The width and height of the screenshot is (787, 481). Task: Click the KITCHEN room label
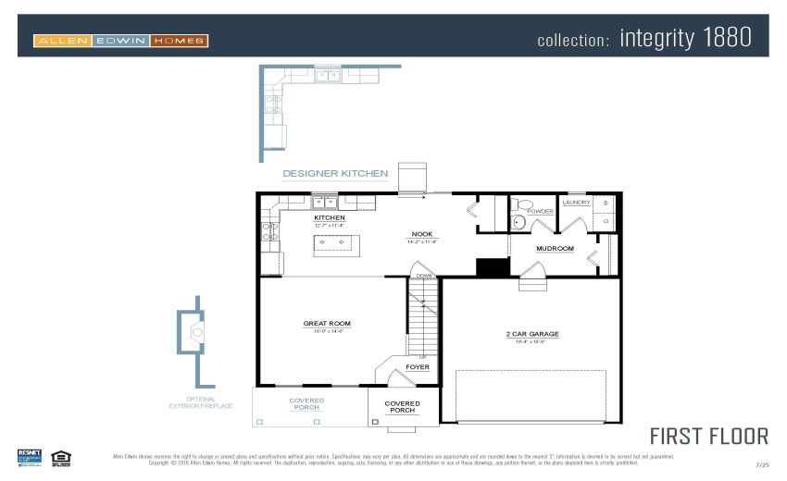coord(329,218)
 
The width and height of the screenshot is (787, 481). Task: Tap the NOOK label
coord(422,234)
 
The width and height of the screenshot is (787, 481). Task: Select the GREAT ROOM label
coord(327,324)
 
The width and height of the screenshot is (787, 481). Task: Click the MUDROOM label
coord(555,248)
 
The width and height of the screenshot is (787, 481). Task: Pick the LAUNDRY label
coord(576,202)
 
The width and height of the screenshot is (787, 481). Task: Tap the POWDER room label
coord(541,211)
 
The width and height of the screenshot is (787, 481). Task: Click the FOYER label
coord(418,367)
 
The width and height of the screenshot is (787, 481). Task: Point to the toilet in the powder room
coord(519,219)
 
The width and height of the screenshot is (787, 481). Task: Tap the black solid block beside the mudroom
coord(493,267)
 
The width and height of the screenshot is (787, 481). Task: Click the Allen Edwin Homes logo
coord(120,40)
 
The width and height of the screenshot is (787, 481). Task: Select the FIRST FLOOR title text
coord(708,436)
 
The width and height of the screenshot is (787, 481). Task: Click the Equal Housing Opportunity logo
coord(62,457)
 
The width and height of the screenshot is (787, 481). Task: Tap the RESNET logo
coord(30,457)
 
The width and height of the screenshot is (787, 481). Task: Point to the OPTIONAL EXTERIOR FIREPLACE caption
coord(201,402)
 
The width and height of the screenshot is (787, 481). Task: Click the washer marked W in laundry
coord(606,203)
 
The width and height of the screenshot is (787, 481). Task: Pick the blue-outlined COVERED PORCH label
coord(306,404)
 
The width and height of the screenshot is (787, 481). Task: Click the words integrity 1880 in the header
coord(685,39)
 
